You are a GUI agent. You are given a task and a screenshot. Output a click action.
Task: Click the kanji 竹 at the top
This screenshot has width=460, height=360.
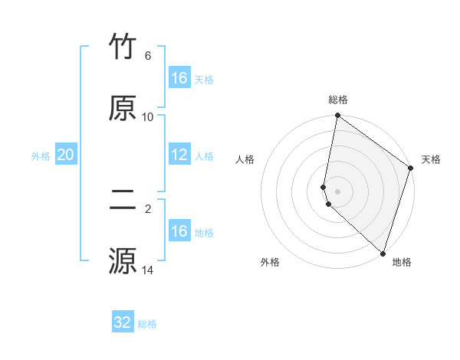123,47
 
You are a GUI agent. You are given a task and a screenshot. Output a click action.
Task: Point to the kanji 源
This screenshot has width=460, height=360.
123,260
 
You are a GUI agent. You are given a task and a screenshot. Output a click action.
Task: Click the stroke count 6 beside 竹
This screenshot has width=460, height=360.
148,56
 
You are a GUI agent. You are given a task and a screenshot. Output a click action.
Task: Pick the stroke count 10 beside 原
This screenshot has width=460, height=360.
148,116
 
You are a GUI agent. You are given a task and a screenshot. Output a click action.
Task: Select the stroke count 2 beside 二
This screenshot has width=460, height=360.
148,208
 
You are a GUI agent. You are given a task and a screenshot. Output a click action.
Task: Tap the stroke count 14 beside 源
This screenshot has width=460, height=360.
148,270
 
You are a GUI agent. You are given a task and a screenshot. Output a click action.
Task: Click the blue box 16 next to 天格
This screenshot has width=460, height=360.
179,78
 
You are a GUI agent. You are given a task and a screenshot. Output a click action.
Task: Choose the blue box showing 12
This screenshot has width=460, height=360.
179,155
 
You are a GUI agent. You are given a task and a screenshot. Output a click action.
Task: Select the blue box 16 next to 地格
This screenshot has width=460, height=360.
179,231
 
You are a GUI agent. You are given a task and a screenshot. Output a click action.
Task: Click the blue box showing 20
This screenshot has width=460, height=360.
66,155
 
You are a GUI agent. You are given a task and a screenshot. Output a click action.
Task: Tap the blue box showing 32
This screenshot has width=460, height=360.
123,322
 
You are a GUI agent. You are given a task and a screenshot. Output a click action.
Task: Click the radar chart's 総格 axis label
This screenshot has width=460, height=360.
338,100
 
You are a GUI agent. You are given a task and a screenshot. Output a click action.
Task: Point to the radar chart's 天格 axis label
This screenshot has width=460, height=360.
431,159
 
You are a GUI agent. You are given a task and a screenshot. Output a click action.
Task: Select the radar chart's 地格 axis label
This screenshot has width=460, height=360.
402,262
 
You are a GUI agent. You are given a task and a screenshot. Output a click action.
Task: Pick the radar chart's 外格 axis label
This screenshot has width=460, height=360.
270,262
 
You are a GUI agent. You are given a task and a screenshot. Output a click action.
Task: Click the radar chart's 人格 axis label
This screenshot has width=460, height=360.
245,159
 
